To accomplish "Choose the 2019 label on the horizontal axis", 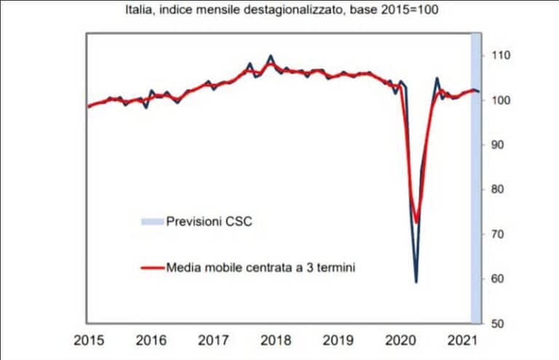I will click(x=338, y=340).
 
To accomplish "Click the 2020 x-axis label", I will click(x=400, y=340).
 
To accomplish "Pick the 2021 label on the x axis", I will click(x=464, y=340).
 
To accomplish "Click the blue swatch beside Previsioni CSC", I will click(x=153, y=220).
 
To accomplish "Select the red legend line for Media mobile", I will click(x=153, y=268).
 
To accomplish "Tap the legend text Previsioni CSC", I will click(x=209, y=220).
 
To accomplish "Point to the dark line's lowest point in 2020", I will click(x=416, y=281).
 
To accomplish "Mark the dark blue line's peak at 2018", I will click(x=271, y=55).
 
